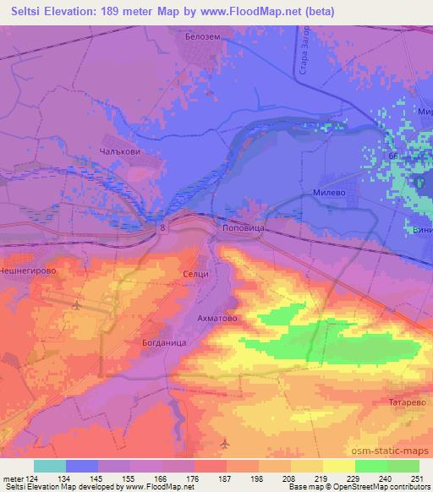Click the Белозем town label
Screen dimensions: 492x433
pyautogui.click(x=203, y=38)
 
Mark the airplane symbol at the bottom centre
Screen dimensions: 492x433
pyautogui.click(x=223, y=443)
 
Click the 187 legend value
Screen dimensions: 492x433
pyautogui.click(x=217, y=478)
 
